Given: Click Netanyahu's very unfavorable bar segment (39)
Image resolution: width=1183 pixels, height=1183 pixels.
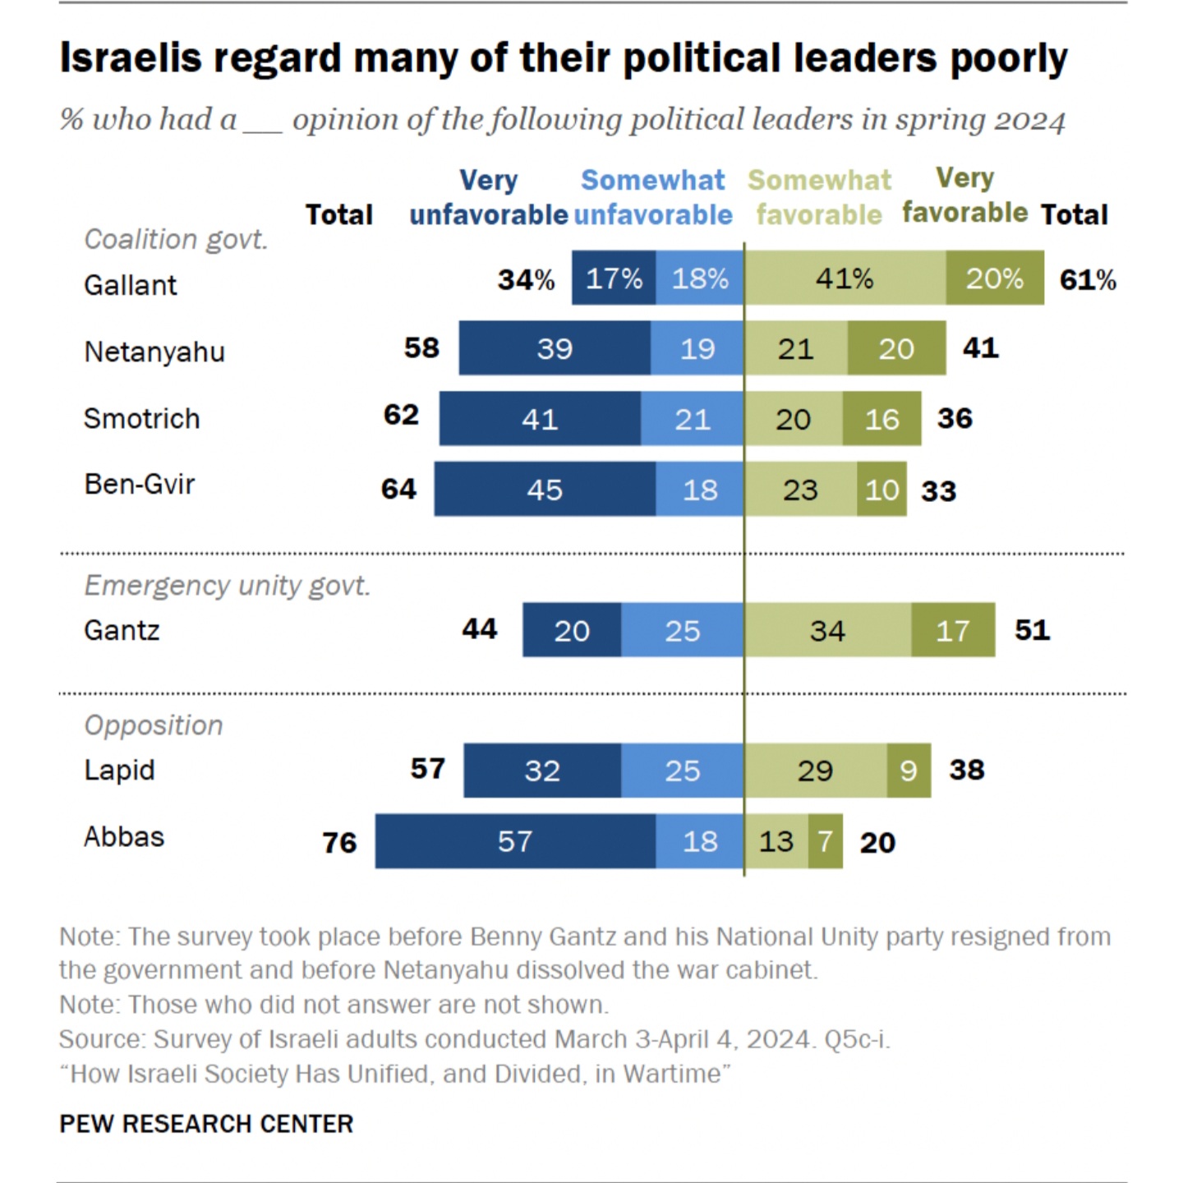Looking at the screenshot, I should (x=555, y=348).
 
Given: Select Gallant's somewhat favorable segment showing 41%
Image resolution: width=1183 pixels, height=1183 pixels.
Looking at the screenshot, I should (x=845, y=278).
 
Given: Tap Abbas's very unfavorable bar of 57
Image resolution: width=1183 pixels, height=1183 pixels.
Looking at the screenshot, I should (x=515, y=841).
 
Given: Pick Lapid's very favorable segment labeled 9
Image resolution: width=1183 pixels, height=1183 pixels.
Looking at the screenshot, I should (x=909, y=771).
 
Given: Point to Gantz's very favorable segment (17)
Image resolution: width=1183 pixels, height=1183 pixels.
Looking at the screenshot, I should (x=953, y=630).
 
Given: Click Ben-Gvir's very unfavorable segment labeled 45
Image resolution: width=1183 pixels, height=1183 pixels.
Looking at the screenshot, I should (x=545, y=490).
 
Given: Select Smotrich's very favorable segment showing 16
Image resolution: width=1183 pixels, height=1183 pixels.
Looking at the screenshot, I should (x=881, y=419).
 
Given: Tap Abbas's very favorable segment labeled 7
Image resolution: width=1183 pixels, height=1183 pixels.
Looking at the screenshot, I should (x=826, y=841).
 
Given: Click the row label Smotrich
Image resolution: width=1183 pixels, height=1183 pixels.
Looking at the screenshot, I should (x=141, y=419).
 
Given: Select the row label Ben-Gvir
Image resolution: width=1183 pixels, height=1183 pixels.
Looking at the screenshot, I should (x=140, y=485).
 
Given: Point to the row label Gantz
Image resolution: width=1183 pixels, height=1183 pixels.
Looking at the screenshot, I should (x=122, y=631).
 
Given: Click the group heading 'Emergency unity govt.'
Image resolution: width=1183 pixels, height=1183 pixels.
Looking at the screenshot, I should (x=228, y=586).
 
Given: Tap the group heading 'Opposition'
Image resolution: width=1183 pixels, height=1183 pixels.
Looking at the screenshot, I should (x=154, y=725).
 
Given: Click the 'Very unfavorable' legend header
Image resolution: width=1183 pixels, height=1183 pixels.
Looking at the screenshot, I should (x=489, y=197).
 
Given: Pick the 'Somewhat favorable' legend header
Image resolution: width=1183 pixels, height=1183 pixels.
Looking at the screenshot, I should (x=819, y=197).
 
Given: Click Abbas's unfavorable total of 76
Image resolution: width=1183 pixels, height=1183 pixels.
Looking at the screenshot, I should (x=339, y=843).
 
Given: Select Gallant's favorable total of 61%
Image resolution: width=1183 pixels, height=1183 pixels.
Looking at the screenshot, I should (x=1088, y=280).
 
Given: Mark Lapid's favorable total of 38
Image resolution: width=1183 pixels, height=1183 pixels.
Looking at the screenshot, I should (x=967, y=770).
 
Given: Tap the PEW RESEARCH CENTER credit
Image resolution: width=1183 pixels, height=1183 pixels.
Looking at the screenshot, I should (x=206, y=1124).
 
